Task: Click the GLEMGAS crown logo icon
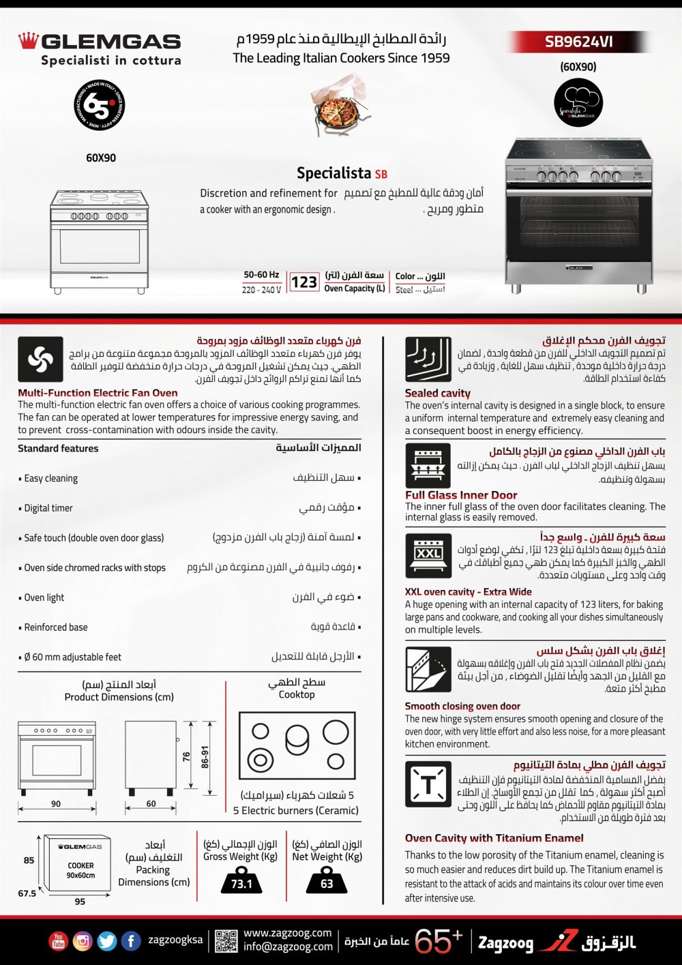click(x=28, y=41)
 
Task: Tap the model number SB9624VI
click(x=578, y=42)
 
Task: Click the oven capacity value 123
click(x=303, y=282)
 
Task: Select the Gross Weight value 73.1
click(x=241, y=884)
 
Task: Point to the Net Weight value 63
click(x=327, y=884)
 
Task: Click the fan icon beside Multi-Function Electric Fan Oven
click(x=40, y=359)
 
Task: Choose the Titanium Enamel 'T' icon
click(x=428, y=784)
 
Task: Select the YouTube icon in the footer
click(x=59, y=941)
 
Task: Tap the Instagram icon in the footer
click(x=83, y=941)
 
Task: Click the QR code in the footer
click(x=226, y=941)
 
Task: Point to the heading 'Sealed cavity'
click(x=437, y=393)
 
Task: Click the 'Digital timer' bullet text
click(x=48, y=508)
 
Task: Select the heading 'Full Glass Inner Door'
click(x=461, y=495)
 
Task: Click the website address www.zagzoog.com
click(x=287, y=933)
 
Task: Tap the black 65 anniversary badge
click(x=100, y=105)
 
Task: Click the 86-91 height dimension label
click(x=205, y=757)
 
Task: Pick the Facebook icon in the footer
click(x=131, y=941)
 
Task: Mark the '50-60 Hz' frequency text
click(x=261, y=275)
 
